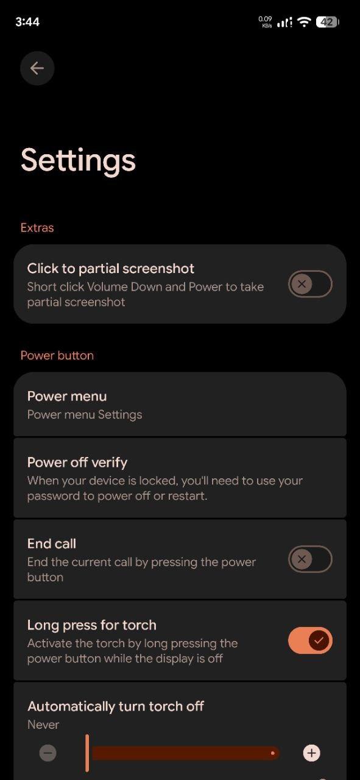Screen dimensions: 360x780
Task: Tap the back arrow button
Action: [x=37, y=68]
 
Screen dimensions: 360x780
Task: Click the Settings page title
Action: [x=79, y=161]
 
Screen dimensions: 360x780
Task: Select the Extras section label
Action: [x=37, y=228]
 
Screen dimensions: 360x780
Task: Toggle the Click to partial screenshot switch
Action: [x=310, y=284]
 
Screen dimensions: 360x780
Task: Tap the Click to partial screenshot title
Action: [x=111, y=269]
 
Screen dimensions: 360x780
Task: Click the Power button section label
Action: [x=57, y=355]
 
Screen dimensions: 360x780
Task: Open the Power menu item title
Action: [x=67, y=396]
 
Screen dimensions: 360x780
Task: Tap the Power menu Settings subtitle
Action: [x=85, y=415]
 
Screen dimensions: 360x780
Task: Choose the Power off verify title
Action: [x=77, y=463]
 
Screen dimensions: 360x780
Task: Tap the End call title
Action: [x=52, y=544]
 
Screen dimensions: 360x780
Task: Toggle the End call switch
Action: [x=310, y=559]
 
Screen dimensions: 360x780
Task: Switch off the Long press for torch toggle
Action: [x=310, y=640]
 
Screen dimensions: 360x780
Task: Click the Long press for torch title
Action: [x=92, y=625]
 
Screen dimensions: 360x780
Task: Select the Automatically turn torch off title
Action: [x=116, y=706]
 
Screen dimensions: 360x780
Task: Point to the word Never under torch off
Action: [x=43, y=725]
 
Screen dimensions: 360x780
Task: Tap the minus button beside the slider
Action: [x=48, y=753]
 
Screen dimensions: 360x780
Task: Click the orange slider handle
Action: [x=87, y=753]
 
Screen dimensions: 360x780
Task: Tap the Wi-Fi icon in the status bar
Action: [x=305, y=22]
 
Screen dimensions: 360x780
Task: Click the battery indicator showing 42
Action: [x=327, y=23]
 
